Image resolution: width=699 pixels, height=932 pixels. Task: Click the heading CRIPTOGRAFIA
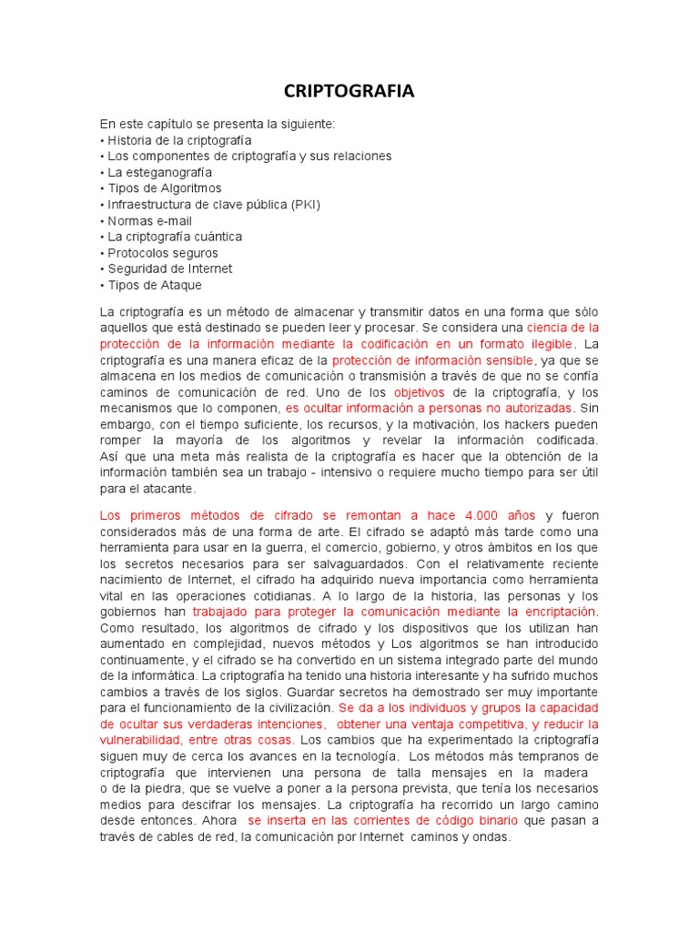(349, 90)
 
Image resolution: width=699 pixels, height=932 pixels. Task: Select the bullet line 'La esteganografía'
(159, 172)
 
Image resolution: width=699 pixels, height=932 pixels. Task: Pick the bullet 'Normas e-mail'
(149, 221)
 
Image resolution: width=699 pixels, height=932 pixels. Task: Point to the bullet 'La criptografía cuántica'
(175, 237)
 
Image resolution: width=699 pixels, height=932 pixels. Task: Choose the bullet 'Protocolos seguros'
(163, 253)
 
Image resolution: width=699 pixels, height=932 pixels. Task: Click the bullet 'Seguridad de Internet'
(169, 269)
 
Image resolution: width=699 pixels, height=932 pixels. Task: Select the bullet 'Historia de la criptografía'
(179, 140)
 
